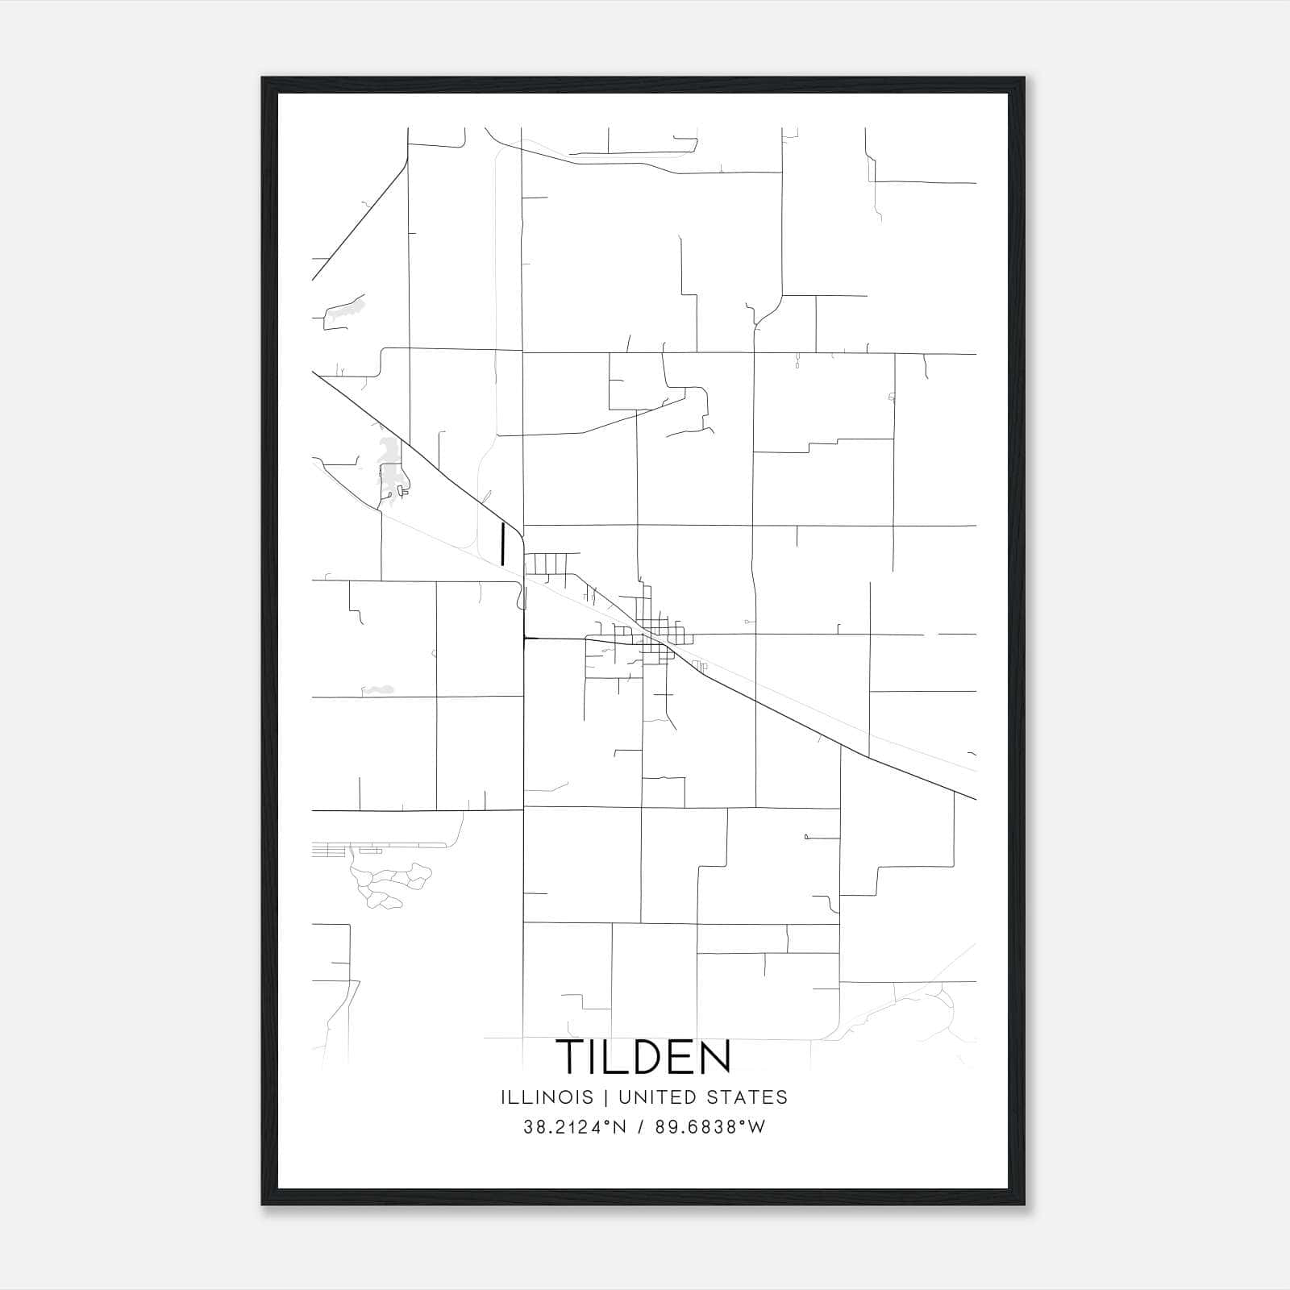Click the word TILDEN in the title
tap(643, 1056)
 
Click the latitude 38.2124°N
tap(575, 1127)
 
